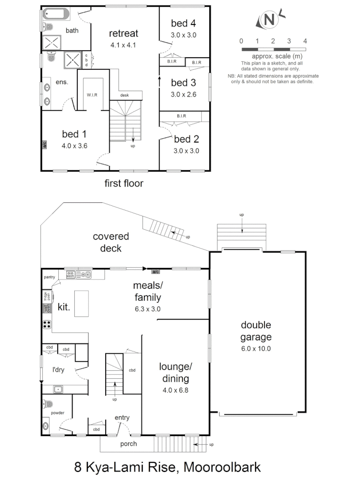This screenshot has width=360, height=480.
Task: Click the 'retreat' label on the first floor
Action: [x=124, y=33]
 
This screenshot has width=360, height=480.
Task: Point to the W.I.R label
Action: [x=93, y=95]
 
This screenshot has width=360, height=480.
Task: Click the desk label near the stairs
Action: [x=125, y=95]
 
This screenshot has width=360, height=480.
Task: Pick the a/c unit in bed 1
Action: [x=44, y=144]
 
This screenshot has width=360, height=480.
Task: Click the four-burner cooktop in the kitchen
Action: [x=47, y=324]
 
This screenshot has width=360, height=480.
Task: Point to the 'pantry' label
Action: [x=49, y=277]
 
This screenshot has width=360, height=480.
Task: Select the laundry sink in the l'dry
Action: [x=58, y=390]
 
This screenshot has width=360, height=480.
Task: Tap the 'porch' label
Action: [x=129, y=444]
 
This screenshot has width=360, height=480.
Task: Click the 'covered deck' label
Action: [x=111, y=242]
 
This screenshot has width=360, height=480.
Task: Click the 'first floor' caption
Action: [x=124, y=183]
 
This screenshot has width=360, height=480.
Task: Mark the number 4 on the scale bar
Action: [x=305, y=41]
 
